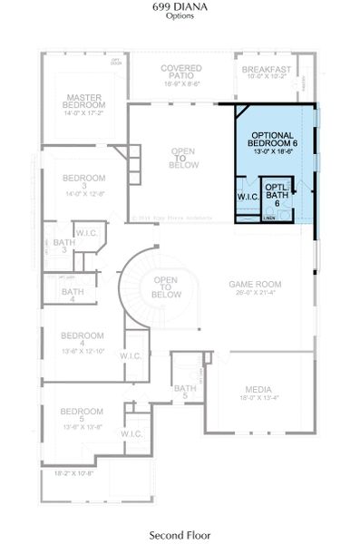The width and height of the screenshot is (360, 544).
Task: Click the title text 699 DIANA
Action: pos(180,6)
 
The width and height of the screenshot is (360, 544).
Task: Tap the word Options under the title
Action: pos(180,16)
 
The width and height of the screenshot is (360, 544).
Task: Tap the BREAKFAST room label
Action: pos(266,70)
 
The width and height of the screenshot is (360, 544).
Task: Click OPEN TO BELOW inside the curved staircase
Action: pos(164,287)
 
